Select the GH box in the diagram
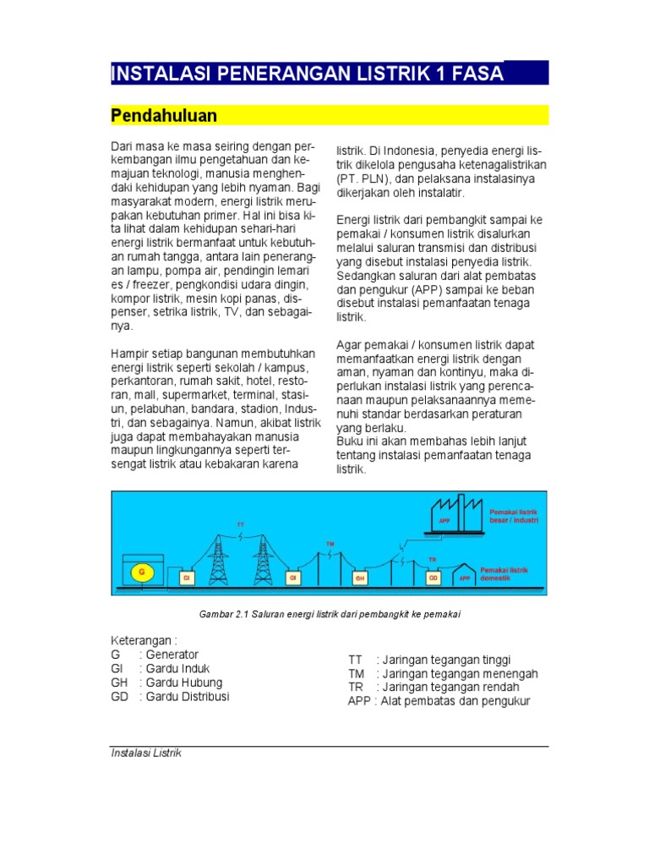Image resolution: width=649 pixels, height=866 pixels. point(361,578)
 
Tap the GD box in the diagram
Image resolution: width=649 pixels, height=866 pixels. point(433,578)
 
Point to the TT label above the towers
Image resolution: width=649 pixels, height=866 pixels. point(240,524)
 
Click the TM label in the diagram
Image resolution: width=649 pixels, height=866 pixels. point(330,542)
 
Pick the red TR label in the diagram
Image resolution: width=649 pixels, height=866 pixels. point(432,560)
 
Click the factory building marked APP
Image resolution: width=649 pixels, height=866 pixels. point(455,514)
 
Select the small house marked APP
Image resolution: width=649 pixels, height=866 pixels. point(465,576)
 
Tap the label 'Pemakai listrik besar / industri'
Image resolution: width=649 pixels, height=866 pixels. point(513,517)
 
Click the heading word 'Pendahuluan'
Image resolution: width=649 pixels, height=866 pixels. point(165,115)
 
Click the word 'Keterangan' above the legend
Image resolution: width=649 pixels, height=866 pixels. point(142,640)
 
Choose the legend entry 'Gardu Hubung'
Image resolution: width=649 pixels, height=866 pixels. point(183,682)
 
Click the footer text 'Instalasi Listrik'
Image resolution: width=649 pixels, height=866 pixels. point(146,754)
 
